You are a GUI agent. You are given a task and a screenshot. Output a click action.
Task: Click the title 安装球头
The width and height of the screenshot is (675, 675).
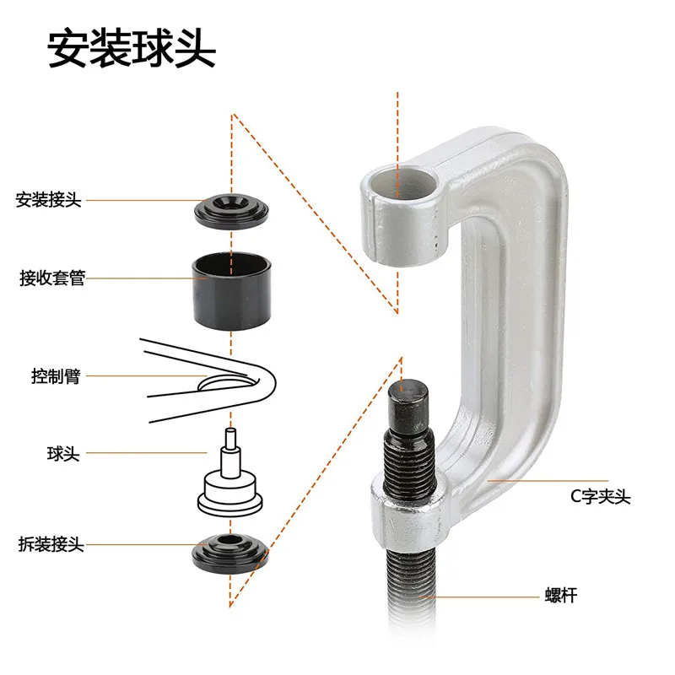click(x=132, y=49)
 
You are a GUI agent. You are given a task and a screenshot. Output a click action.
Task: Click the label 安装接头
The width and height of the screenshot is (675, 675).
click(x=49, y=201)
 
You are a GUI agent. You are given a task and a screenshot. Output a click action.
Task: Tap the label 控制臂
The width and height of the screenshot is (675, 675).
click(x=54, y=376)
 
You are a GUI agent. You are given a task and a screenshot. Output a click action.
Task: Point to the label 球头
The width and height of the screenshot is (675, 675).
click(x=63, y=454)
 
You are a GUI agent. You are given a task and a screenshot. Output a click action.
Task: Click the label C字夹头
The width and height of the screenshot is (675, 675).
click(x=599, y=497)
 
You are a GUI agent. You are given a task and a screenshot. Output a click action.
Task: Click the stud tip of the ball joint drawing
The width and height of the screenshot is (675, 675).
click(x=229, y=440)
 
